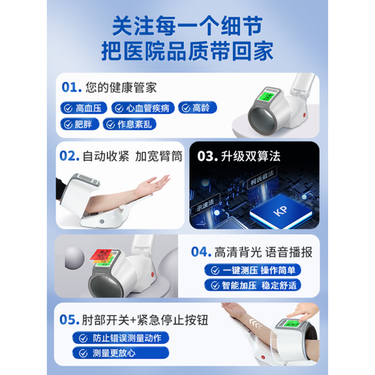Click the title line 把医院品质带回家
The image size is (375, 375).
pyautogui.click(x=187, y=51)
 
